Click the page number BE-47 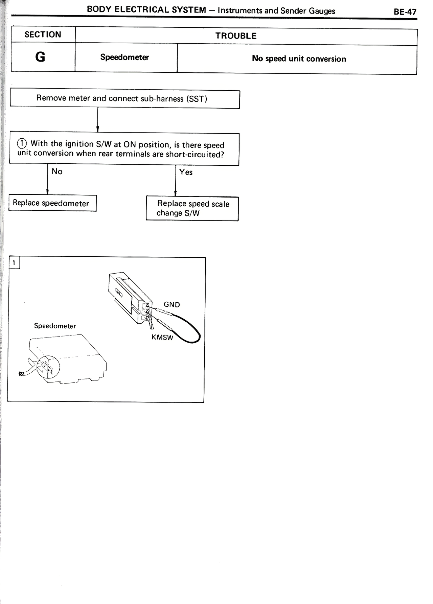click(405, 12)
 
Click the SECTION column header click(43, 34)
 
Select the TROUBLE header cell click(236, 36)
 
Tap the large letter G click(40, 57)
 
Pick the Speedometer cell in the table click(124, 57)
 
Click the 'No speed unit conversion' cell click(299, 59)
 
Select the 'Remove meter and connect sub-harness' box click(125, 98)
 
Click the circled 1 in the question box click(22, 144)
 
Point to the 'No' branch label click(57, 171)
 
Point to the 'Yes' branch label click(186, 172)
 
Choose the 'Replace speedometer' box click(51, 203)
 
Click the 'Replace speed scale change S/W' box click(192, 208)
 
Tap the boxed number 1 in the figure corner click(14, 263)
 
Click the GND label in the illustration click(172, 304)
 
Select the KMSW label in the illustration click(162, 337)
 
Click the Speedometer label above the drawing click(55, 326)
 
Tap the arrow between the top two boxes click(98, 120)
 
